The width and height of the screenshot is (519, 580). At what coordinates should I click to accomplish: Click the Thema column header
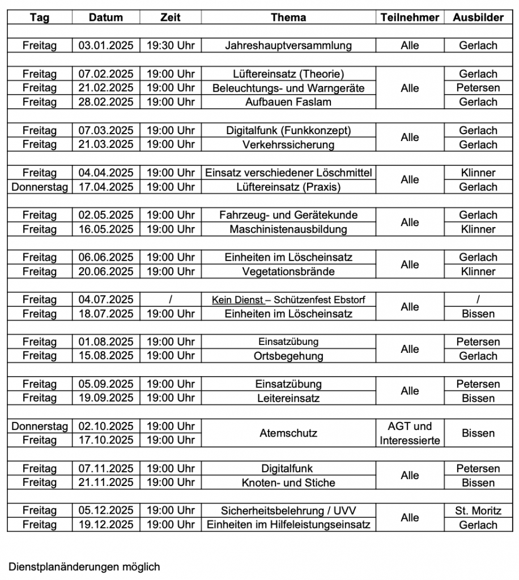[x=288, y=18]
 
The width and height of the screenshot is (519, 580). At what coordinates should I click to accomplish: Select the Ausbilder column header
[x=478, y=18]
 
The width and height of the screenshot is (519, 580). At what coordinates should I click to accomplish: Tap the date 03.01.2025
[x=107, y=45]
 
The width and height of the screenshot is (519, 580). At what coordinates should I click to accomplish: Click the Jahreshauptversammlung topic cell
[x=288, y=45]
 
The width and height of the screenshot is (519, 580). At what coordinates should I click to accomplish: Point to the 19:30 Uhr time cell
[x=171, y=45]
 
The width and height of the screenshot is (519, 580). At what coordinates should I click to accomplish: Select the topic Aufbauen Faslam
[x=288, y=102]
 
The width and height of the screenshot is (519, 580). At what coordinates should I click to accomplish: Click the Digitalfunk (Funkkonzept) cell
[x=288, y=130]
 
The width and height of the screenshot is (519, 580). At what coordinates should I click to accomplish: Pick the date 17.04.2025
[x=107, y=187]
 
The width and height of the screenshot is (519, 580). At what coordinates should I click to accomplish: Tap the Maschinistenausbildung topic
[x=288, y=229]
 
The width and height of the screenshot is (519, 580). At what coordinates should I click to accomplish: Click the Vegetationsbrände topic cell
[x=288, y=271]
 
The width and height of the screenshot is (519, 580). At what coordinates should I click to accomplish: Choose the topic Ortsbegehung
[x=288, y=356]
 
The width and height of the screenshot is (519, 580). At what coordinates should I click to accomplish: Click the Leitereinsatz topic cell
[x=288, y=398]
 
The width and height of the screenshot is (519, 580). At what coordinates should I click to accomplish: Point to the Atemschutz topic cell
[x=288, y=433]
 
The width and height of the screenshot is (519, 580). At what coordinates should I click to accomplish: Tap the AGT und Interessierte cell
[x=410, y=433]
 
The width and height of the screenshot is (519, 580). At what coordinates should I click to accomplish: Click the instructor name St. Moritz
[x=478, y=511]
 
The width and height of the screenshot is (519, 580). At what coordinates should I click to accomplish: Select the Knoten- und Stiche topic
[x=288, y=483]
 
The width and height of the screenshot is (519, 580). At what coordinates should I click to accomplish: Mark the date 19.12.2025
[x=107, y=525]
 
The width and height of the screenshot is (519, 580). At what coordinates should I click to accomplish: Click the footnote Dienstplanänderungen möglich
[x=84, y=566]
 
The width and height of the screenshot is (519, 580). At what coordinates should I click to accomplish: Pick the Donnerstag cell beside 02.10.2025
[x=40, y=426]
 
